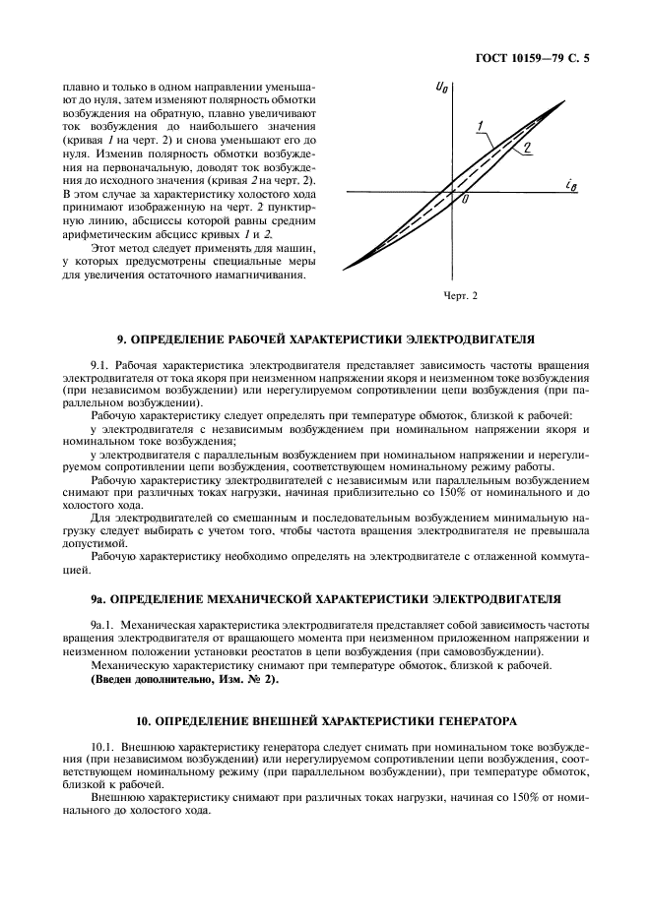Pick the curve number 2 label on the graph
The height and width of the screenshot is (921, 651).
click(x=529, y=148)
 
